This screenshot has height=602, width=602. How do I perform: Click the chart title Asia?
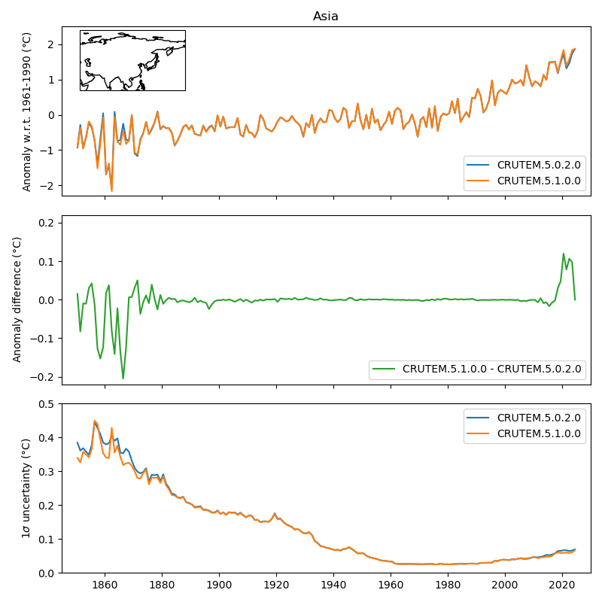click(326, 17)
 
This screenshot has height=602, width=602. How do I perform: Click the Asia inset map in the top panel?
click(132, 60)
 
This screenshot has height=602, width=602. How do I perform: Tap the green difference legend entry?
click(491, 369)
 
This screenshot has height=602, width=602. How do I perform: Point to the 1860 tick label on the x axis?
click(105, 587)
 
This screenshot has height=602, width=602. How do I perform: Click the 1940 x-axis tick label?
click(333, 587)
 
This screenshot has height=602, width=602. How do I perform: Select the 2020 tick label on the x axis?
click(562, 587)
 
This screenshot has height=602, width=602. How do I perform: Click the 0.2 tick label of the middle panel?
click(47, 223)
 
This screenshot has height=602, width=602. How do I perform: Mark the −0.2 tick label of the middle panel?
click(44, 377)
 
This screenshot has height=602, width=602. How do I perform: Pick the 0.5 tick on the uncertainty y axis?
click(47, 403)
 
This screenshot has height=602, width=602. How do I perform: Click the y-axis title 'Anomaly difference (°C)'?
click(17, 299)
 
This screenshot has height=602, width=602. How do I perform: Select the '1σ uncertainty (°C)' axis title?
click(26, 488)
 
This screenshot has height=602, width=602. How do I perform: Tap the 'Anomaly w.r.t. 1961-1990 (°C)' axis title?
click(27, 111)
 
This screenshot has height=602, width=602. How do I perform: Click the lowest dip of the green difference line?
click(123, 379)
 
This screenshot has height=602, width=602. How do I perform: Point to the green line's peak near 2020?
click(564, 254)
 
